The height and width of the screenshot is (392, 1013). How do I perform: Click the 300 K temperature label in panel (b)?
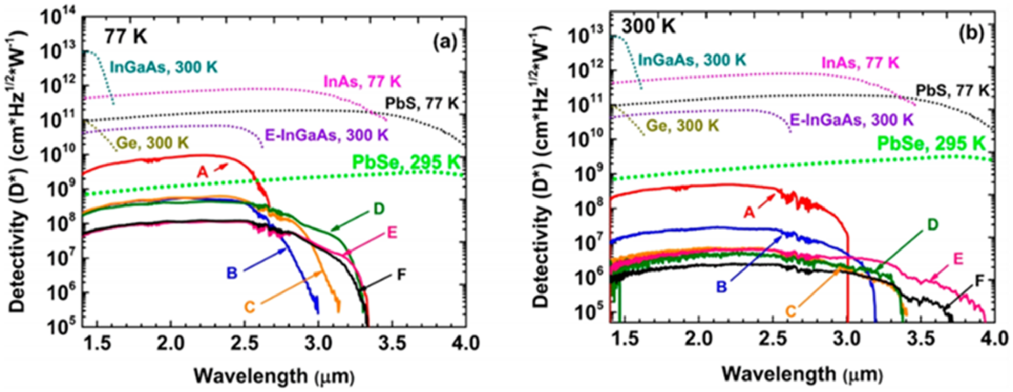pos(649,27)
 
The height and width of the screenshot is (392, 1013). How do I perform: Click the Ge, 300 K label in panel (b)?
pos(683,126)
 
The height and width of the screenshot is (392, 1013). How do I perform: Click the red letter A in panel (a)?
pos(203,172)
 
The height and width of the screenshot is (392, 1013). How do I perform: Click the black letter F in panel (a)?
pos(401,275)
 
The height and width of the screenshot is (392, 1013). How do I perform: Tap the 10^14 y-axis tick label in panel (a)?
pos(59,17)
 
